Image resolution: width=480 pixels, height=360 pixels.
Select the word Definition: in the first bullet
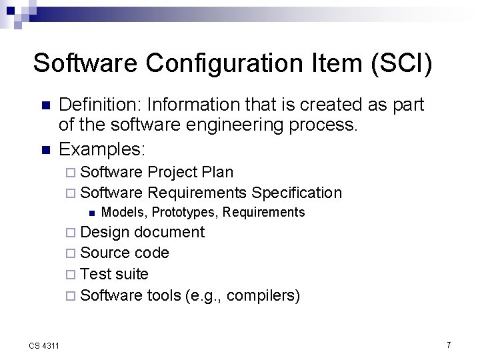[101, 105]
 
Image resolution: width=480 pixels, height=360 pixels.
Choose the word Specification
[297, 193]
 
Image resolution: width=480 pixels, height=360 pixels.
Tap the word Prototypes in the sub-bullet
[183, 213]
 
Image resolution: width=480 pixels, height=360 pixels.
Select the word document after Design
[169, 232]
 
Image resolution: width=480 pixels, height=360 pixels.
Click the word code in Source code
[152, 253]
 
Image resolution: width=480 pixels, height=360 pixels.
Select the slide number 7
[448, 345]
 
